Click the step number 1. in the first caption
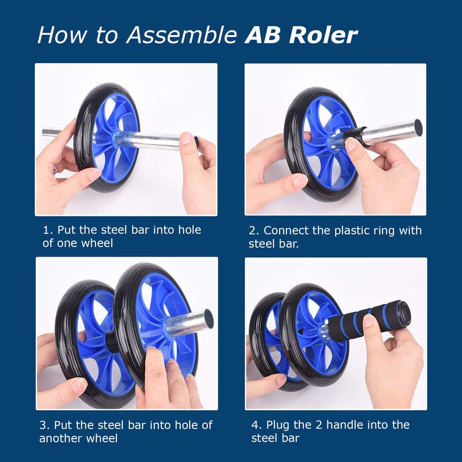pos(48,230)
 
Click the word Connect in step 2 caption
pos(285,231)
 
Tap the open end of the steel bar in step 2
pos(418,127)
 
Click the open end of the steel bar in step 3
pos(208,320)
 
